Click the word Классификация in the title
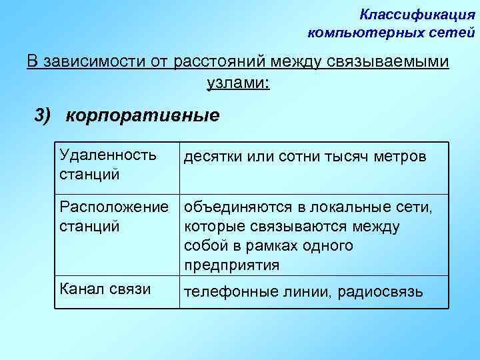[417, 14]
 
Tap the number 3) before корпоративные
[43, 115]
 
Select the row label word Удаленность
[108, 155]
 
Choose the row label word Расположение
[114, 208]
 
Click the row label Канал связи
[105, 289]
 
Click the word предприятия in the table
[231, 265]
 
